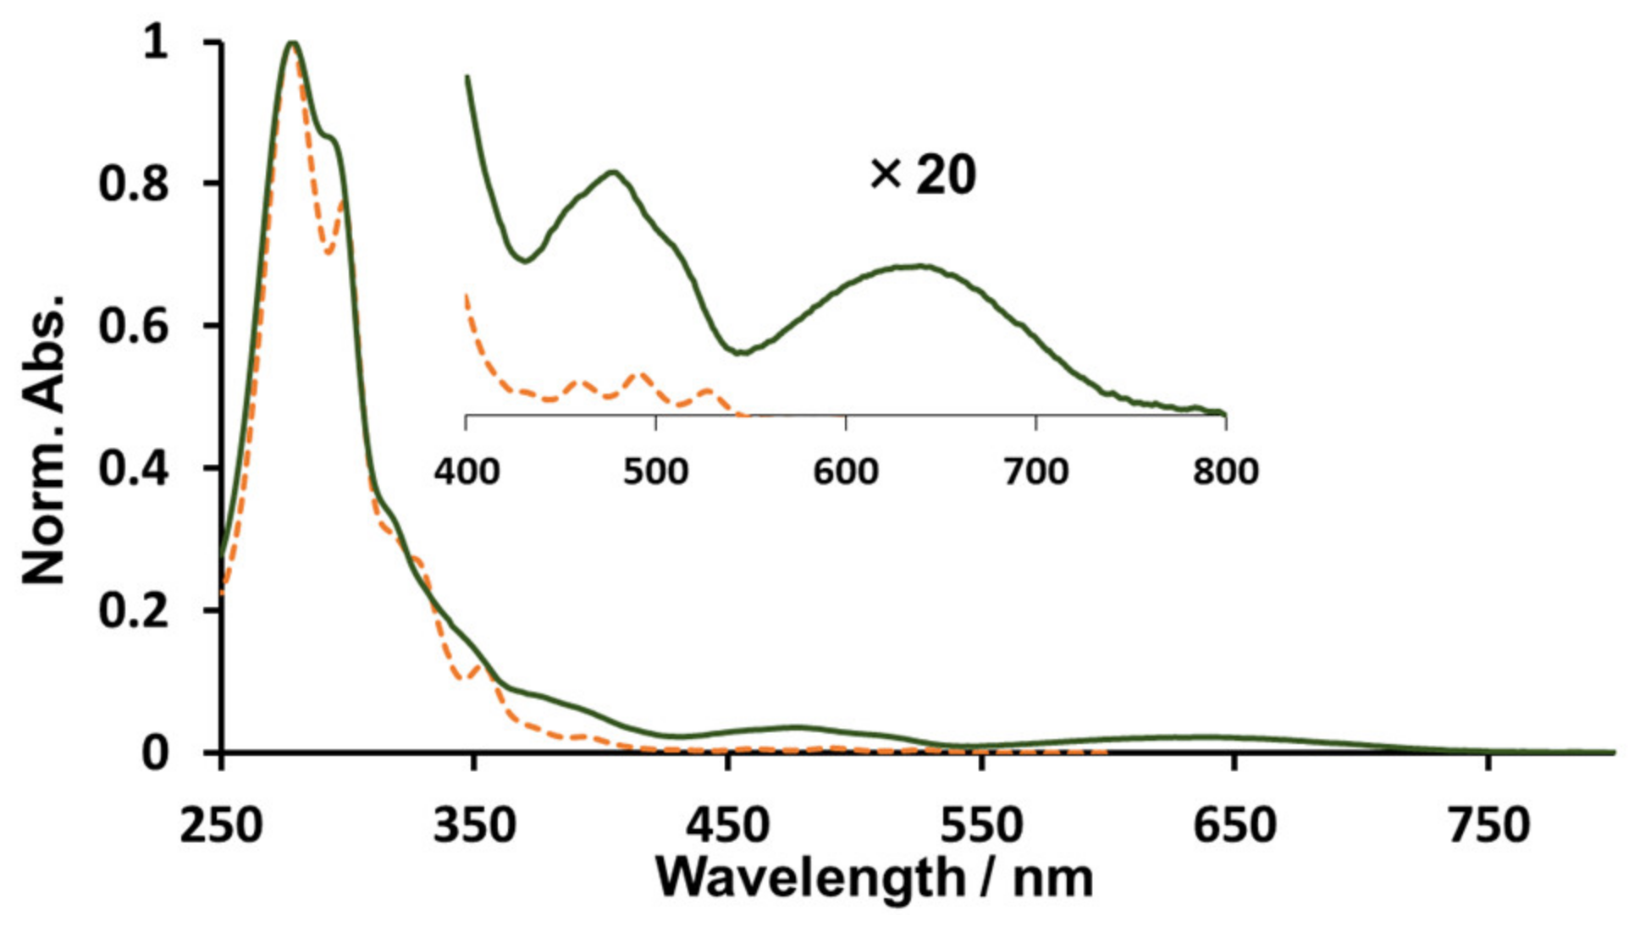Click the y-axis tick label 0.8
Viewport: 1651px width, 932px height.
pos(133,184)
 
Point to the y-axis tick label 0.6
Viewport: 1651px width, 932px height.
pos(133,326)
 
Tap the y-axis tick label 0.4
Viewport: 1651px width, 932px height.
pos(133,468)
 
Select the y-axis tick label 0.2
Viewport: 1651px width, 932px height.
pos(133,610)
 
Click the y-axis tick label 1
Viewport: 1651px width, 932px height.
pos(156,41)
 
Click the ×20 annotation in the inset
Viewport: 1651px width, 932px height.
pos(923,175)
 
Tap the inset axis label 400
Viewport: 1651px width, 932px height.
pos(467,471)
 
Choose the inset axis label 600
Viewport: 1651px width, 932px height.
pos(846,471)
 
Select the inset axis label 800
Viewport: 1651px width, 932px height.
pos(1226,471)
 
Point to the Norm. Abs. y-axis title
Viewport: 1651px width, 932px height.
pos(44,440)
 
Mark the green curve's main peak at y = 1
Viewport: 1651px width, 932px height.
pos(293,43)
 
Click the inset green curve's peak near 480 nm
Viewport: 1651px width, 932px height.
pos(613,173)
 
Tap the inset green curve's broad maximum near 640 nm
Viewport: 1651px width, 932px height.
pos(919,266)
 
